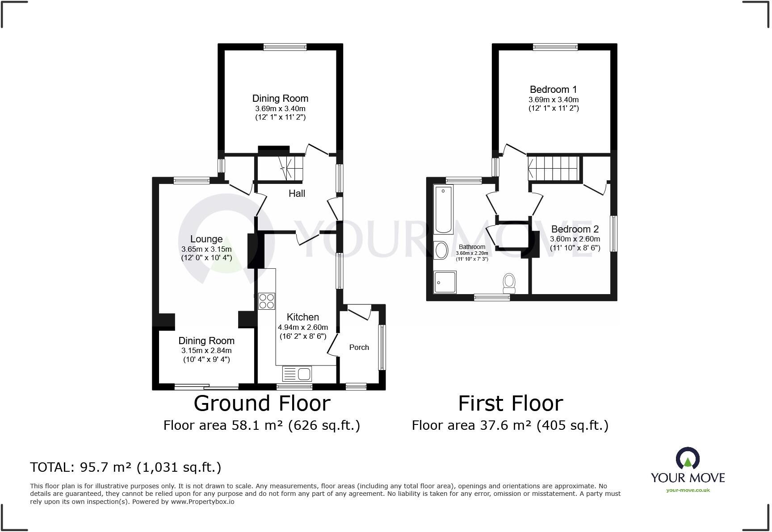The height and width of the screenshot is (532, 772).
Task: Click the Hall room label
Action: pyautogui.click(x=297, y=193)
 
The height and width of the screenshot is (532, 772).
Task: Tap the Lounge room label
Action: pyautogui.click(x=206, y=239)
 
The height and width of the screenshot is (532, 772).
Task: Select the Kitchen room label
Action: pyautogui.click(x=302, y=317)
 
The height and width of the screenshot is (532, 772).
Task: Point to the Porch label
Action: pyautogui.click(x=359, y=347)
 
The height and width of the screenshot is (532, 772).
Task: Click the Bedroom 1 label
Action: pyautogui.click(x=553, y=89)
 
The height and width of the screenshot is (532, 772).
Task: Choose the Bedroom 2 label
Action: pyautogui.click(x=575, y=229)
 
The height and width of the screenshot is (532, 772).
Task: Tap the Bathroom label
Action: pyautogui.click(x=472, y=247)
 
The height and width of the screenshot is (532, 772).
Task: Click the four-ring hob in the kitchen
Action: pyautogui.click(x=267, y=301)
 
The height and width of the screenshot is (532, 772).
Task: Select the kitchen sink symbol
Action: pyautogui.click(x=297, y=374)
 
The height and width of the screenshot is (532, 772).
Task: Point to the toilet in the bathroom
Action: pyautogui.click(x=509, y=283)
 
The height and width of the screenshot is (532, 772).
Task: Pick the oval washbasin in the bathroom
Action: pyautogui.click(x=441, y=250)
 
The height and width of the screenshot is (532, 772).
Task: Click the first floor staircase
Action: pyautogui.click(x=554, y=168)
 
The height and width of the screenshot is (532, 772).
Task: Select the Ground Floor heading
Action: pyautogui.click(x=262, y=403)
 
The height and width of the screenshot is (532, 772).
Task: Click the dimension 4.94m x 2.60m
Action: pyautogui.click(x=302, y=327)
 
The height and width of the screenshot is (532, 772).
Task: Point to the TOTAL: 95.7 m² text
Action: pyautogui.click(x=126, y=467)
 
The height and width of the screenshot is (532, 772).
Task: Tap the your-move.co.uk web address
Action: pyautogui.click(x=688, y=490)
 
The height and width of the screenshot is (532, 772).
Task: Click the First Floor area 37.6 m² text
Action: pyautogui.click(x=510, y=425)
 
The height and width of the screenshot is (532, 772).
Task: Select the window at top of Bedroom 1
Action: pyautogui.click(x=555, y=47)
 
